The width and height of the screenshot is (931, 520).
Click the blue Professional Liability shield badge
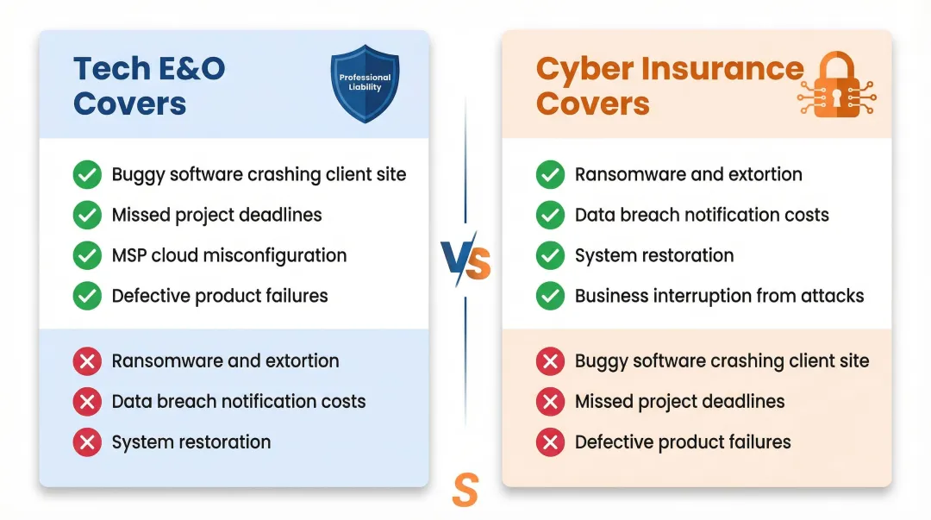pos(365,83)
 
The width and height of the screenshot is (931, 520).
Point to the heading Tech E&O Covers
pos(148,85)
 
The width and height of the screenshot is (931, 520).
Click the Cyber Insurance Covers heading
pos(669,85)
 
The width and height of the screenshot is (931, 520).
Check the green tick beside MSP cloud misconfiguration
pos(87,255)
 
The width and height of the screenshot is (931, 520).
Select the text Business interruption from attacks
pos(719,296)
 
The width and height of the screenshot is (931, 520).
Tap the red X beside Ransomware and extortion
pos(87,360)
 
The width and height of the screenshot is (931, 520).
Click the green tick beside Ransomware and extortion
pos(550,174)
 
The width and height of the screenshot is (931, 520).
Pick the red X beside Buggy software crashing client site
pos(550,360)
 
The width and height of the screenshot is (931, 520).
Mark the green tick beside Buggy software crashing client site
pos(87,174)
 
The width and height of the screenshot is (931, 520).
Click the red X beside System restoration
pos(87,442)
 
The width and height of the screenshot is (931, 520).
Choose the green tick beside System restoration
pos(550,255)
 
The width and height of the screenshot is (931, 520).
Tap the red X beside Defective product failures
pos(550,442)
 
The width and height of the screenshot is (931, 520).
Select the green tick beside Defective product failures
pos(87,296)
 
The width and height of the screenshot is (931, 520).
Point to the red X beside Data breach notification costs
pos(87,401)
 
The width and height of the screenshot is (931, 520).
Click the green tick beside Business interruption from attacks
pos(550,296)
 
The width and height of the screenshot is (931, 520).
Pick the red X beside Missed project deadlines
pos(550,401)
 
